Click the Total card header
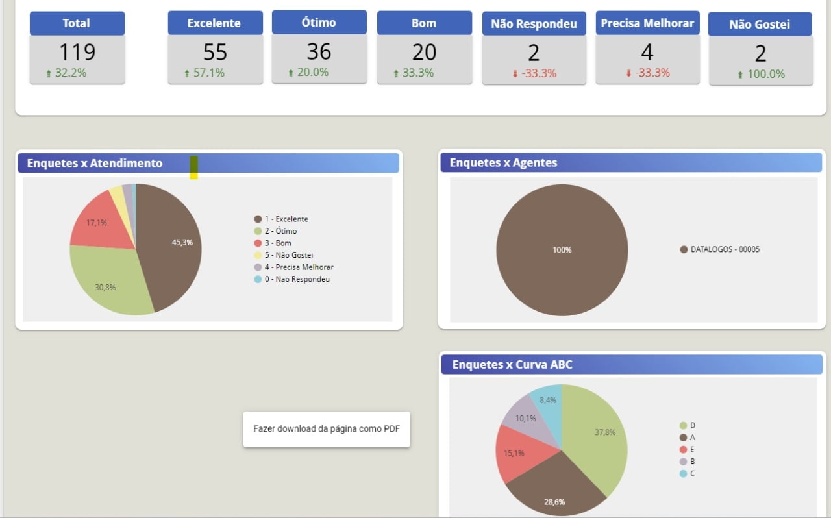pos(77,23)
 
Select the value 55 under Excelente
pos(215,52)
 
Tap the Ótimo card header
pos(319,23)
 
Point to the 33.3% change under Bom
pos(417,73)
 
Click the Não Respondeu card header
pos(534,24)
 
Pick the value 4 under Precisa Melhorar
pos(647,52)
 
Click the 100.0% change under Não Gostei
pos(765,74)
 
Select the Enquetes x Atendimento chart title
pos(95,163)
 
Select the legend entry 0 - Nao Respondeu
pos(297,279)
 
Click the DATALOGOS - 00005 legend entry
pos(725,249)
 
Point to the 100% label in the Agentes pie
pos(562,250)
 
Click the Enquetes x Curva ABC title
pos(512,365)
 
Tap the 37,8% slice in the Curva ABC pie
pos(601,432)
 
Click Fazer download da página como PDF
pos(327,429)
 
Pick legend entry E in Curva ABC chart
pos(692,449)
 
